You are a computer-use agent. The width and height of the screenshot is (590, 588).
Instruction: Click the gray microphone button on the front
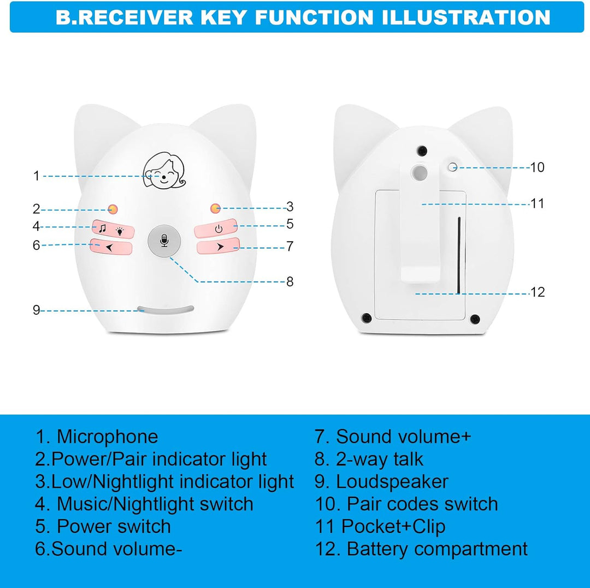pos(164,240)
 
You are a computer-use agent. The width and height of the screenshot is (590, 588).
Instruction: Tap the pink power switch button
pos(217,228)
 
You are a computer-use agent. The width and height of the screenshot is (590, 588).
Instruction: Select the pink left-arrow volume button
pos(111,247)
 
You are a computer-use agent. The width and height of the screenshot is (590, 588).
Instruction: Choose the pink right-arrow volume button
pos(219,247)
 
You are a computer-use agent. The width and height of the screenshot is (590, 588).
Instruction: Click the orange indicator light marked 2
pos(113,208)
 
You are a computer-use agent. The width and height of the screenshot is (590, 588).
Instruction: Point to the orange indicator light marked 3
pos(215,208)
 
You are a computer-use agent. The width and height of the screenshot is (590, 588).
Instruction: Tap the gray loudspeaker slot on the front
pos(166,310)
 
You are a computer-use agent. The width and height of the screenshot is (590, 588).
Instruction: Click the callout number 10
pos(538,167)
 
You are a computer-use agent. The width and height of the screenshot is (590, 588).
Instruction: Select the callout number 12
pos(538,292)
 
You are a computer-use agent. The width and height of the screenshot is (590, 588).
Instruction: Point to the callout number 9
pos(36,310)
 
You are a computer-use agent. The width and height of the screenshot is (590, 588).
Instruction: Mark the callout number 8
pos(290,281)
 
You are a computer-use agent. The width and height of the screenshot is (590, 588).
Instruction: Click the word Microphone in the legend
pos(107,436)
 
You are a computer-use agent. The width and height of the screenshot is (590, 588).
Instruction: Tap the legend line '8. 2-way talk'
pos(369,459)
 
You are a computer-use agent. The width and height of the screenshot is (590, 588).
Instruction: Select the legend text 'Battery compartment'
pos(437,548)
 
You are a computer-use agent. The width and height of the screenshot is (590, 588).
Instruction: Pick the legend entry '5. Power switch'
pos(103,526)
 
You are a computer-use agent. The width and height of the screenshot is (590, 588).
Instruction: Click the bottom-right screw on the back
pos(475,318)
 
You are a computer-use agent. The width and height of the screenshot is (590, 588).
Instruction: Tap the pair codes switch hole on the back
pos(453,167)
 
